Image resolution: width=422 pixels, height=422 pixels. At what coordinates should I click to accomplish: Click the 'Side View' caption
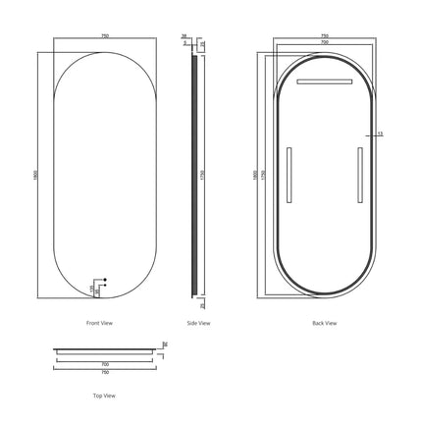tap(198, 322)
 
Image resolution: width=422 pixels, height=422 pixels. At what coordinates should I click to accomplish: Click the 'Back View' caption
tap(324, 322)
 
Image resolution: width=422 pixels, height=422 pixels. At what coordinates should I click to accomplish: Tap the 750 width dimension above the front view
tap(104, 37)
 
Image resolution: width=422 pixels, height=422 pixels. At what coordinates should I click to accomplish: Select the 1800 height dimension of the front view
tap(34, 173)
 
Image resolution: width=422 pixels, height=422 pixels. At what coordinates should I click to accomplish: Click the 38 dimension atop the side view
tap(185, 36)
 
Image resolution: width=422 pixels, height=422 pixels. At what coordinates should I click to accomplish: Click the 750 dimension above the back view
tap(324, 36)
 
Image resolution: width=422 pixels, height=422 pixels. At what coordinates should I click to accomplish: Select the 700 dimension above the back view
tap(324, 44)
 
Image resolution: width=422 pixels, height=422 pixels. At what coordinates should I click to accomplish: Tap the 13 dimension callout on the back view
tap(380, 133)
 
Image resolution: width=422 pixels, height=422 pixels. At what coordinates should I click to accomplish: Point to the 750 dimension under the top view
tap(103, 372)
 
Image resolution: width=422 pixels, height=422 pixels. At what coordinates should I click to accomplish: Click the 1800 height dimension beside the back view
tap(253, 173)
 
